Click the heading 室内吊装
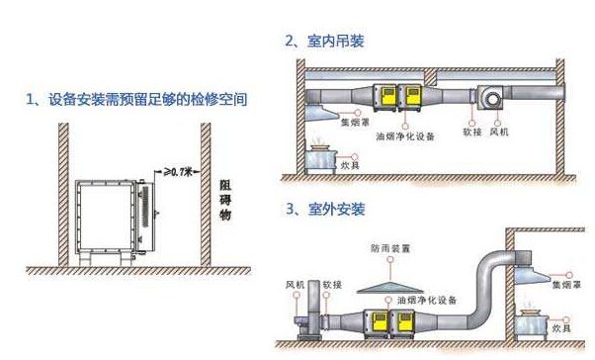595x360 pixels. click(324, 41)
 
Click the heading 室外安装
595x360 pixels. click(324, 210)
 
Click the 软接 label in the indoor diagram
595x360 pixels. click(471, 131)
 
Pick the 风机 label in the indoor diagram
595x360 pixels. click(500, 131)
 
